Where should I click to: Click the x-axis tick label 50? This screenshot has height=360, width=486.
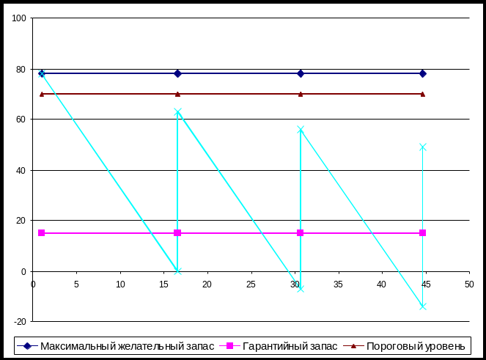468,284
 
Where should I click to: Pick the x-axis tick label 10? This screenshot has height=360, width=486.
121,284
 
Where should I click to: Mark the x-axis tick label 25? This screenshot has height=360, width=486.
251,284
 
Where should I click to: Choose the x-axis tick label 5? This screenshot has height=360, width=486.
77,284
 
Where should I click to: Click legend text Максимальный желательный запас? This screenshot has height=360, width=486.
128,346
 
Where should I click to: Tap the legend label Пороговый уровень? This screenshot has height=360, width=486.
415,346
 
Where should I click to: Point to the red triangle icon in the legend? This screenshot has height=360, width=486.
356,346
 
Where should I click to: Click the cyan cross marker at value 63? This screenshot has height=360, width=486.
177,112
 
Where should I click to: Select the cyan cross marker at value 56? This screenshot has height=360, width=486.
301,130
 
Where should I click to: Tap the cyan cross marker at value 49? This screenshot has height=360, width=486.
423,147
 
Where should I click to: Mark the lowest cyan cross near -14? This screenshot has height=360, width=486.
423,306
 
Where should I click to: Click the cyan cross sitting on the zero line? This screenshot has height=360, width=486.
177,271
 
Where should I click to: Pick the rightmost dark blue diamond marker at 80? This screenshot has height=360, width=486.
423,73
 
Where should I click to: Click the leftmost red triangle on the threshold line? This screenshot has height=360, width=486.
42,94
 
